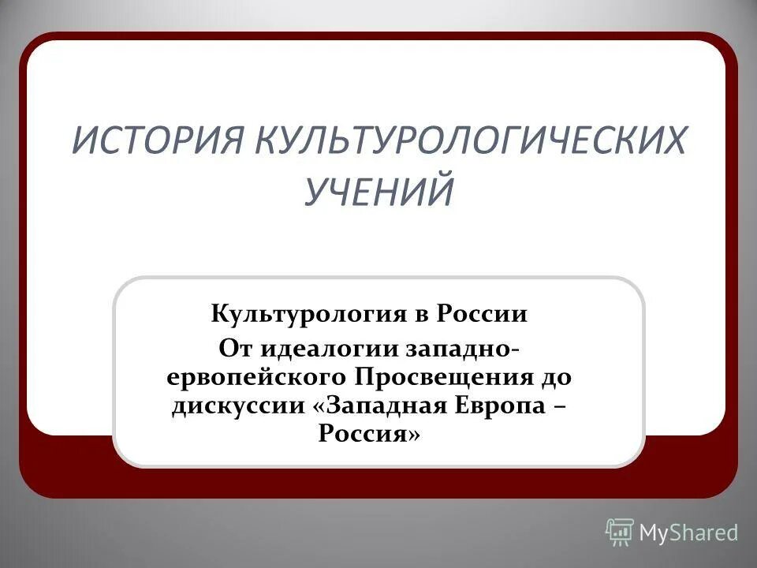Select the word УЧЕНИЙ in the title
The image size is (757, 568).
378,192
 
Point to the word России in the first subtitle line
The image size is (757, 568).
483,315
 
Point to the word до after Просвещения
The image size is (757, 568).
557,376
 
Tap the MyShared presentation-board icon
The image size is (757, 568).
620,532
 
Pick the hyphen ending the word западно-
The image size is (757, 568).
518,348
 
